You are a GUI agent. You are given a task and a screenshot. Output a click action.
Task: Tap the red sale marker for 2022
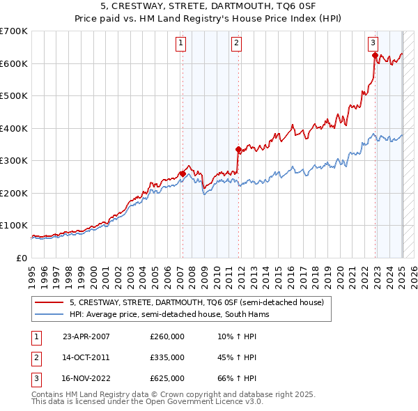click(375, 55)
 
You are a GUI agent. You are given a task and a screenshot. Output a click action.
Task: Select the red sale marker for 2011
click(238, 149)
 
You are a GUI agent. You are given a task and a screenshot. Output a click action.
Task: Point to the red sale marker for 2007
click(183, 173)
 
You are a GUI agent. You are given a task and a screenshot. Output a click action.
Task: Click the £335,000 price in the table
click(167, 357)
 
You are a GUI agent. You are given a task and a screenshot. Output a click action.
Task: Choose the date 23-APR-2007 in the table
click(86, 336)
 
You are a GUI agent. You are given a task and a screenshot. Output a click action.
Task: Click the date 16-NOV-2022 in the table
click(87, 378)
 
